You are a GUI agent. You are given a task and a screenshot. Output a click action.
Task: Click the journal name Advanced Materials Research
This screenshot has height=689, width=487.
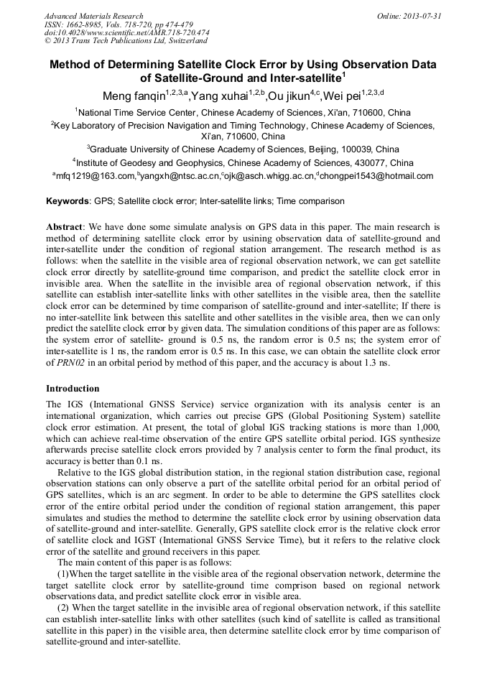coord(93,16)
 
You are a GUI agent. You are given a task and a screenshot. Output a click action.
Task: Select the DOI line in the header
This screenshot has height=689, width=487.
coord(126,32)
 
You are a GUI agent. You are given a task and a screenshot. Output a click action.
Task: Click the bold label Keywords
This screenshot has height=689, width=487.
coord(68,201)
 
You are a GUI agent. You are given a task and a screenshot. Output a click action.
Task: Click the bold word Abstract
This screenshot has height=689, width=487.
coord(64,226)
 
